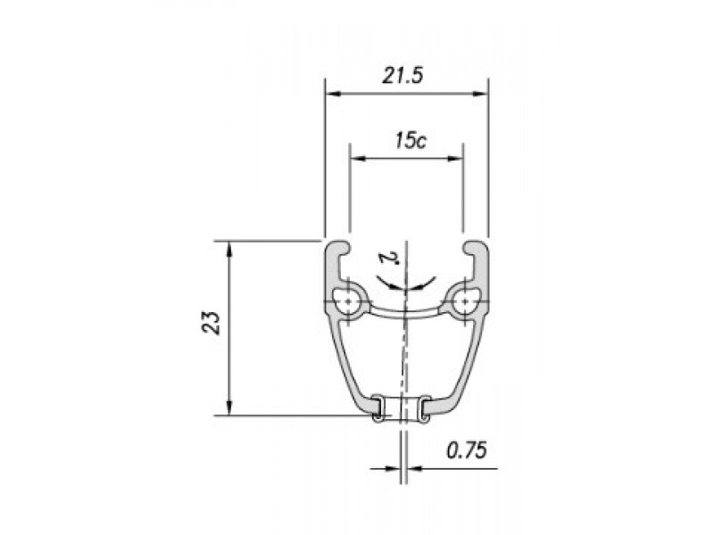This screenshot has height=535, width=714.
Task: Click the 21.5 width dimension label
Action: pos(403,76)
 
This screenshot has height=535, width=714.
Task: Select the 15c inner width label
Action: pos(411,141)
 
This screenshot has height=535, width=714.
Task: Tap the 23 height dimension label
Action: pos(212,323)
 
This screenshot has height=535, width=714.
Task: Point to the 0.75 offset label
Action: pos(466,451)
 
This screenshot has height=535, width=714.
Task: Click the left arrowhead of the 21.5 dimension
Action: pos(333,94)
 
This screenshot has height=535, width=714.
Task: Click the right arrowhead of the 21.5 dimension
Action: pos(480,94)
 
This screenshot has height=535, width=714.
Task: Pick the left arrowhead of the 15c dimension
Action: pos(358,159)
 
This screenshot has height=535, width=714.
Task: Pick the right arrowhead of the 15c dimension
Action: pos(455,159)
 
